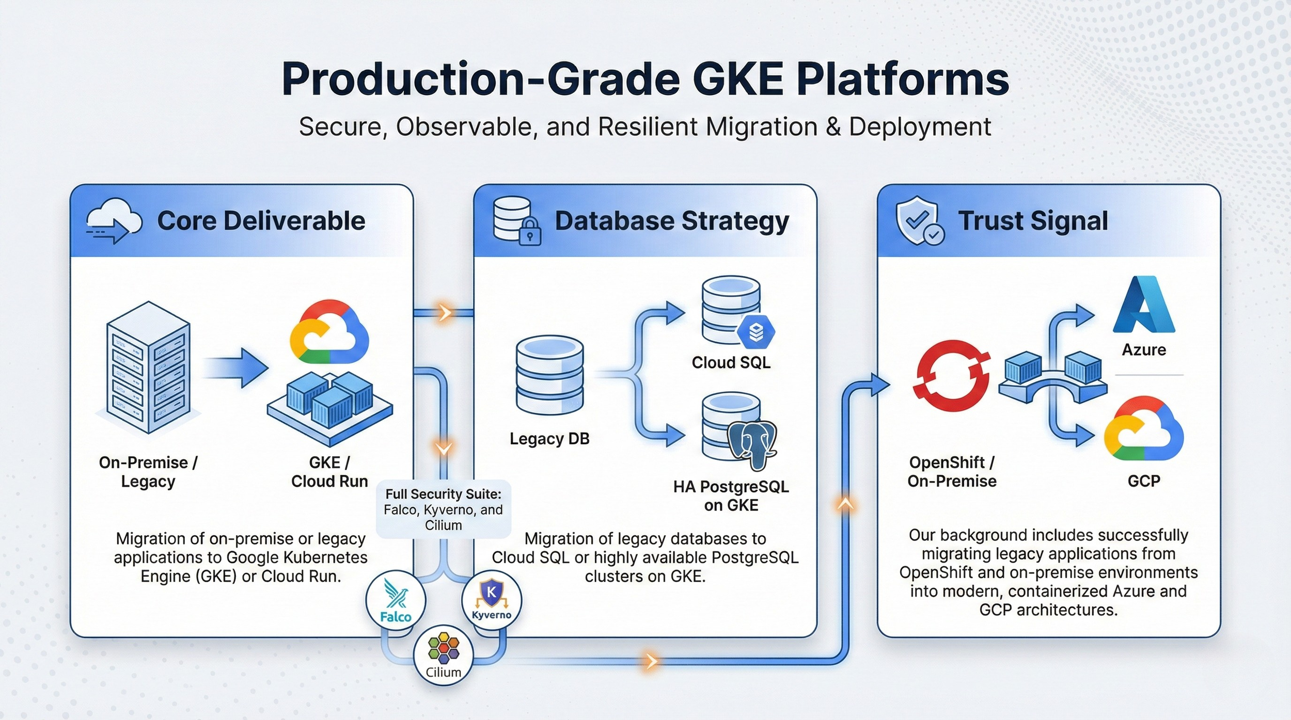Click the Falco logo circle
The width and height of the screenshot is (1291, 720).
pyautogui.click(x=396, y=600)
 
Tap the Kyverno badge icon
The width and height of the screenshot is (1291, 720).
pyautogui.click(x=491, y=600)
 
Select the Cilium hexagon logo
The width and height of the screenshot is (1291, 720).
pyautogui.click(x=444, y=654)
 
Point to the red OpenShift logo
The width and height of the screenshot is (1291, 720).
pyautogui.click(x=951, y=375)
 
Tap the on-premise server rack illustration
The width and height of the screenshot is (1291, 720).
pyautogui.click(x=148, y=367)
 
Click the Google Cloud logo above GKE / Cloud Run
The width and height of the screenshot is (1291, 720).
pyautogui.click(x=329, y=332)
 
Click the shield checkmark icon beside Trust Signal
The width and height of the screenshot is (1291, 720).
pyautogui.click(x=920, y=220)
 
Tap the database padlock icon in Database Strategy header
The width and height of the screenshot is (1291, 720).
pyautogui.click(x=517, y=221)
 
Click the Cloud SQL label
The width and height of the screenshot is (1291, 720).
pyautogui.click(x=731, y=362)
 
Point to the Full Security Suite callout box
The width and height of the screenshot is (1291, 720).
pyautogui.click(x=444, y=509)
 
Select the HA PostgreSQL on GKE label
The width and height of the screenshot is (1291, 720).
pyautogui.click(x=731, y=495)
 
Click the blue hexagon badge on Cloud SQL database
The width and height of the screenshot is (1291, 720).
pyautogui.click(x=755, y=332)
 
